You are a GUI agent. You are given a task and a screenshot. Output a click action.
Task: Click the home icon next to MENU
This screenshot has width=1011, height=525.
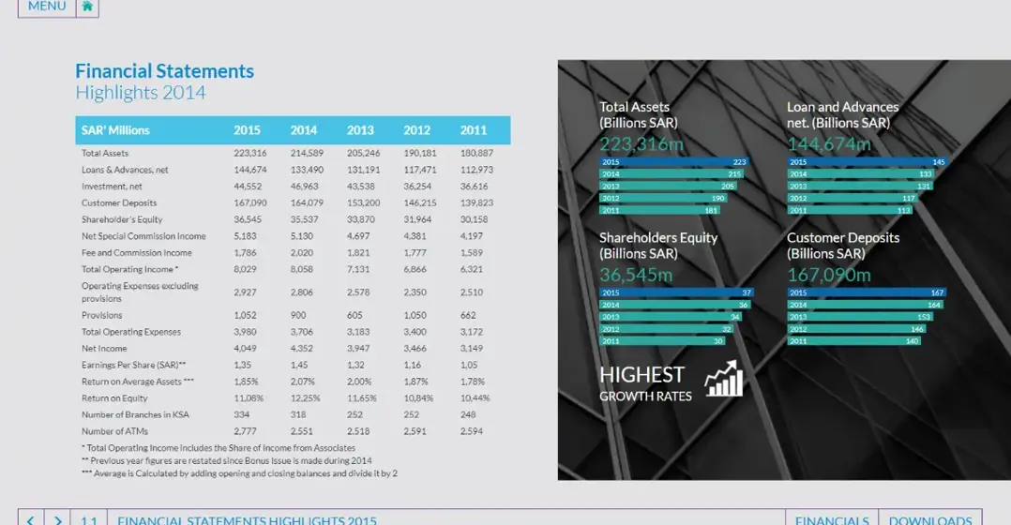pos(87,7)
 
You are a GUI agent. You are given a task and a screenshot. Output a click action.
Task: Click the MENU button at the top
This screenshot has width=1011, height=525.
pos(47,7)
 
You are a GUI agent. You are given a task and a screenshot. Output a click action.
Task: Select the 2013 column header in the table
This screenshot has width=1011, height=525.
pos(360,130)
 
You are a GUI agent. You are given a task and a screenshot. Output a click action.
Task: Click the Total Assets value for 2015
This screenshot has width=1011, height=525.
pos(250,153)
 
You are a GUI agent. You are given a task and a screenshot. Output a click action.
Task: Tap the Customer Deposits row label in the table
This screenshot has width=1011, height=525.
pos(119,202)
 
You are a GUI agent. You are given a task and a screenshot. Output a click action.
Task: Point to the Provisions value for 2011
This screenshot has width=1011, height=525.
pos(468,315)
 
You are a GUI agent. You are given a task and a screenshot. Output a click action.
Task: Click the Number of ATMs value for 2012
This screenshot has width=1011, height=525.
pos(416,431)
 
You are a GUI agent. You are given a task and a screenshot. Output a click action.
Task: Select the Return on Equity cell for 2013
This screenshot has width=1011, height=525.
pos(361,398)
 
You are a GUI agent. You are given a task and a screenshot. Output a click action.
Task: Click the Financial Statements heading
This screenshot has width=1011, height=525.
pos(164,71)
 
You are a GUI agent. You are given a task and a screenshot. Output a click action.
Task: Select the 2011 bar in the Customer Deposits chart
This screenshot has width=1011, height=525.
pos(854,341)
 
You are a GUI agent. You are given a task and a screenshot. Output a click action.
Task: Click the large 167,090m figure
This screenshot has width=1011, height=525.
pos(829,275)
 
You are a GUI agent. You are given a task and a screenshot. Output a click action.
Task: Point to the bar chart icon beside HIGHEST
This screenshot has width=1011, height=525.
pos(724,380)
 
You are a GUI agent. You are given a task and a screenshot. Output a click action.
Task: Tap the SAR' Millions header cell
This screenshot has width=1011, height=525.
pos(115,130)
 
